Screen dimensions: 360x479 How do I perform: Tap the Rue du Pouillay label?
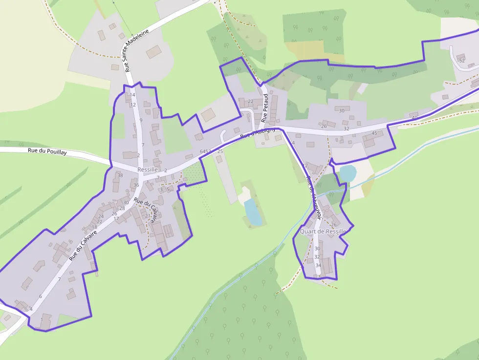[47, 152]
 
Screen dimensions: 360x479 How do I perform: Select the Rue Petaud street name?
[265, 108]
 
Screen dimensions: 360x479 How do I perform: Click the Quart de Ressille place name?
[323, 231]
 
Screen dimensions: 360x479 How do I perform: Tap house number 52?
[462, 61]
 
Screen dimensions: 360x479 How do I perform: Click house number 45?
[374, 133]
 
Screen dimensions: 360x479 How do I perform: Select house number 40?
[414, 118]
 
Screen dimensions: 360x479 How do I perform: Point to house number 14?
[132, 95]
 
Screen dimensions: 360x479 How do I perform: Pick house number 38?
[120, 175]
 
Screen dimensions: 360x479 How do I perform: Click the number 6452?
[205, 151]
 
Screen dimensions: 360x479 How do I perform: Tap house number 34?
[318, 265]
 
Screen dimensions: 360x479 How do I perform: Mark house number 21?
[148, 216]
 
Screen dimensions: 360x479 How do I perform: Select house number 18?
[94, 227]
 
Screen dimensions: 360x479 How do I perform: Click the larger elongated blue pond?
[253, 212]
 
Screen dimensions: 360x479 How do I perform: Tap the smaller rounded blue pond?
[347, 173]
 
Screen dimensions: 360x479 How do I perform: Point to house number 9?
[141, 120]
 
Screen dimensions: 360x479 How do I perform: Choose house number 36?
[136, 185]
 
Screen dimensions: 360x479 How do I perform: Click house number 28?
[122, 209]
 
